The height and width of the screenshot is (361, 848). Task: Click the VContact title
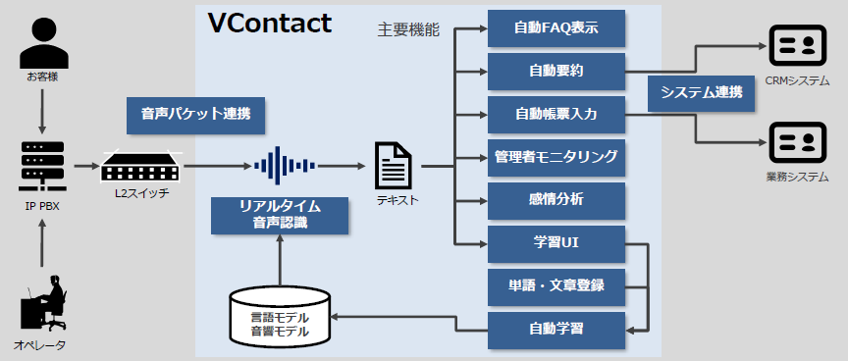[x=270, y=24]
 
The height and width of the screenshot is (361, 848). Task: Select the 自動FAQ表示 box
[x=556, y=28]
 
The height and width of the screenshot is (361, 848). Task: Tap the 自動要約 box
[x=556, y=72]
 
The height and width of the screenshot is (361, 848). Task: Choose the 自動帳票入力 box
[x=556, y=114]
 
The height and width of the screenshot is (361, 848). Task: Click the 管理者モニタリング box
[x=556, y=157]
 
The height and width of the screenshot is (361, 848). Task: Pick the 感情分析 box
[x=556, y=199]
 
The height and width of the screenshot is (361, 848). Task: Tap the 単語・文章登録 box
[x=556, y=285]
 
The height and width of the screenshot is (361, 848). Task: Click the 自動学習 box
[x=556, y=328]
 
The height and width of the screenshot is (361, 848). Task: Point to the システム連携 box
[x=701, y=93]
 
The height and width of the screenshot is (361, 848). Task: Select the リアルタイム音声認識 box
[x=280, y=215]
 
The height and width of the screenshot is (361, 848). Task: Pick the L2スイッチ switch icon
[x=141, y=166]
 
